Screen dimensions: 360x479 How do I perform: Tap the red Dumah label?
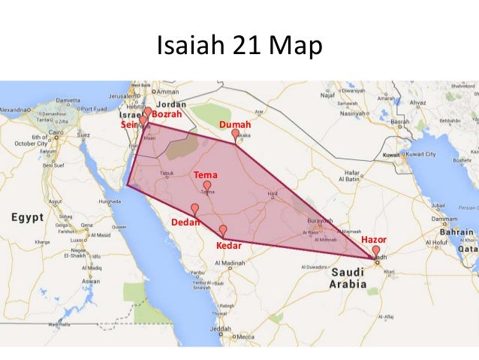click(234, 124)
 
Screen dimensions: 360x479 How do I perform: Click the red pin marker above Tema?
click(207, 185)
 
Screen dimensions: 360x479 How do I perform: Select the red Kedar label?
click(228, 246)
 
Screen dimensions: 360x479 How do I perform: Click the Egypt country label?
click(27, 218)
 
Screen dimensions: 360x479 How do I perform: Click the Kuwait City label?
click(420, 154)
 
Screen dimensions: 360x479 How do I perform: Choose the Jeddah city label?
click(221, 328)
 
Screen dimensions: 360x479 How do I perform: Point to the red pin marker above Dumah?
click(235, 134)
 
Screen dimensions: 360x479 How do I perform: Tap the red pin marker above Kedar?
click(223, 230)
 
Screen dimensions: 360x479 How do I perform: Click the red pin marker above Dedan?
click(195, 208)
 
